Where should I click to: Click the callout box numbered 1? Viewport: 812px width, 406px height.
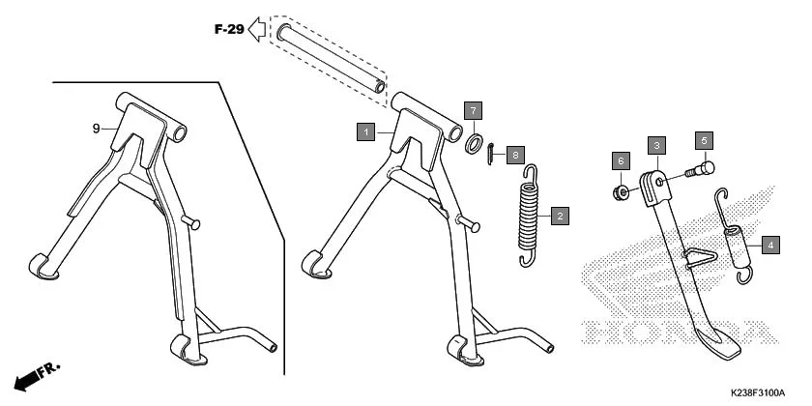pos(365,130)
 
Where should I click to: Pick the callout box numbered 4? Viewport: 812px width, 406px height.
pos(769,245)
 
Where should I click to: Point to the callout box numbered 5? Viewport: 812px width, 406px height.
pos(705,140)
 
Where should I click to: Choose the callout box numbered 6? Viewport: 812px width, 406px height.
pos(622,159)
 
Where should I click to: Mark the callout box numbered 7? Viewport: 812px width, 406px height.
pos(473,109)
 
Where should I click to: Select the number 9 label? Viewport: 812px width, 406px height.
pos(97,129)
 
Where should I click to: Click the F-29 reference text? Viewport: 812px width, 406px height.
pos(228,29)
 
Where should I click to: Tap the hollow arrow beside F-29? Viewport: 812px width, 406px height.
pos(257,29)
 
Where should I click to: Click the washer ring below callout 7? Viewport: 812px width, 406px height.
pos(476,144)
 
